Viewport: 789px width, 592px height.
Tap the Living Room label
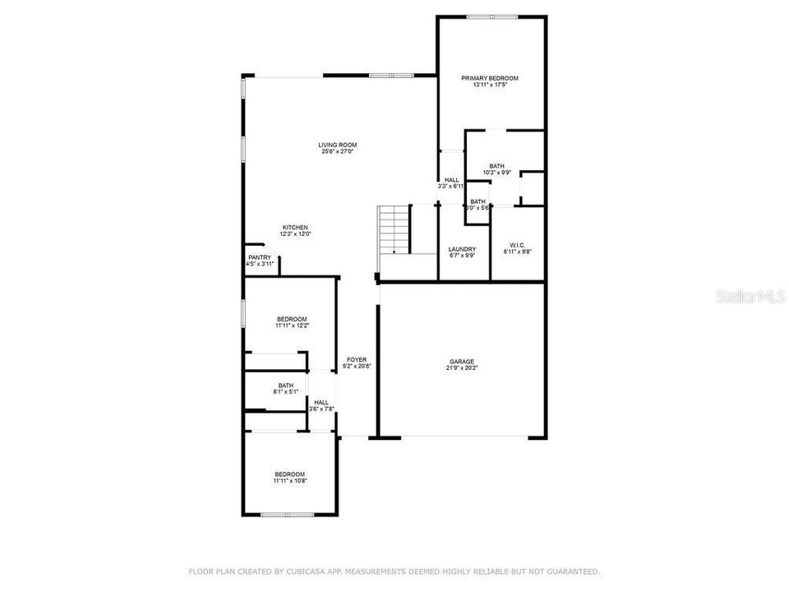pos(338,145)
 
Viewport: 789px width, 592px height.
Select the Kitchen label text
pos(296,227)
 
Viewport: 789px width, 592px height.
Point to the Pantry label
pos(259,257)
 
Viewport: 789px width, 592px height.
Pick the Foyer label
pos(357,359)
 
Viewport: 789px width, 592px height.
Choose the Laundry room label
pos(463,249)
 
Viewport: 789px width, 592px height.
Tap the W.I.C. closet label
pos(517,245)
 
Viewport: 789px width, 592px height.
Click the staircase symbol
pos(394,229)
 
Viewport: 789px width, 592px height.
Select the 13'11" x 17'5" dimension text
pos(490,85)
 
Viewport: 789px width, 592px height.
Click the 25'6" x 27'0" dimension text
pos(338,151)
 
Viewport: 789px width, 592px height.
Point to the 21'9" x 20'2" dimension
pos(462,368)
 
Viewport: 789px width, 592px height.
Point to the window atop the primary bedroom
pos(491,16)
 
